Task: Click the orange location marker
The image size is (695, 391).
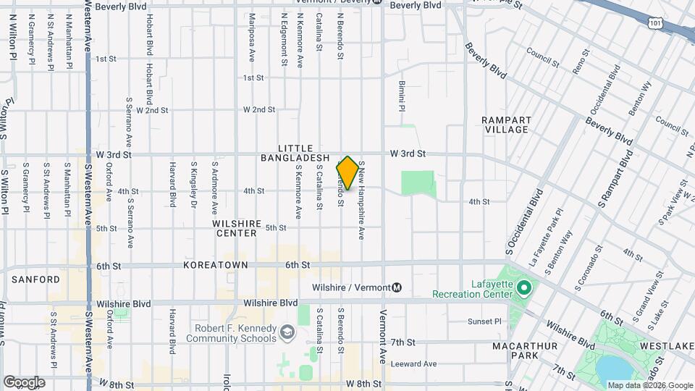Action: coord(347,173)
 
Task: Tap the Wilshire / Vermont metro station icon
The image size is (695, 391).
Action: coord(397,287)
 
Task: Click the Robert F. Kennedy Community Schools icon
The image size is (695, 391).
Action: coord(287,332)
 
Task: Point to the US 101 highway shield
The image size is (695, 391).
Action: coord(654,23)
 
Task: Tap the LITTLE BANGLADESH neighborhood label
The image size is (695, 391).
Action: coord(295,153)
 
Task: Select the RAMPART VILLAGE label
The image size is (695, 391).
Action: coord(507,125)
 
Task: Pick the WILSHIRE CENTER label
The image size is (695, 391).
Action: coord(235,229)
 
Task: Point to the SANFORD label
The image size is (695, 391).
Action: coord(35,279)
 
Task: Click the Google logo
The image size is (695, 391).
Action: coord(25,382)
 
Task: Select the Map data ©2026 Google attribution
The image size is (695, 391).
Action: coord(649,385)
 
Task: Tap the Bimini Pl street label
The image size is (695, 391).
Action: coord(400,96)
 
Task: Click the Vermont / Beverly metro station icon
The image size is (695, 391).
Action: coord(376,2)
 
